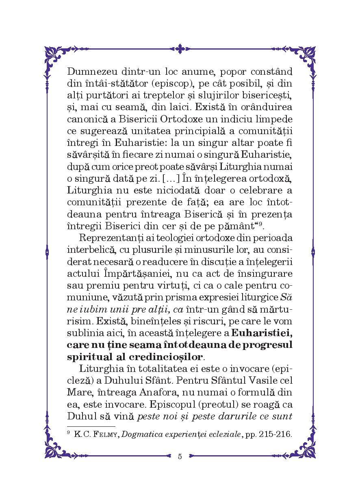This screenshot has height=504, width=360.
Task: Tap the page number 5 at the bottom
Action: point(180,456)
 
